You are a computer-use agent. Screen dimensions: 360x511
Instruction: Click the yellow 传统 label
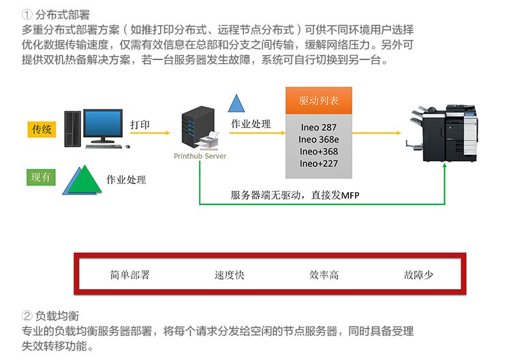tap(42, 128)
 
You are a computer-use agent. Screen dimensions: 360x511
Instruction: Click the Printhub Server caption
tap(200, 156)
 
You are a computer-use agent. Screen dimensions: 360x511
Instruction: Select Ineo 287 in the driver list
tap(319, 127)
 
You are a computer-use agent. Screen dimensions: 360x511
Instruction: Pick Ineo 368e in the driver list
tap(319, 139)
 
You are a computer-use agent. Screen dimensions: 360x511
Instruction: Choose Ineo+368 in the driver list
tap(319, 151)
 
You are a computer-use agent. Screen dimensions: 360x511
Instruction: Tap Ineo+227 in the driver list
tap(319, 164)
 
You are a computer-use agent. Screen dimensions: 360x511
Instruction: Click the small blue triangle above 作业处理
tap(236, 104)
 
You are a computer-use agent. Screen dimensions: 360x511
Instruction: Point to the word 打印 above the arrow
tap(140, 124)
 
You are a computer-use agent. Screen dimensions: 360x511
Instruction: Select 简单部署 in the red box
tap(129, 275)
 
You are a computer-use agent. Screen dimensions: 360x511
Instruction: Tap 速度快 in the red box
tap(229, 275)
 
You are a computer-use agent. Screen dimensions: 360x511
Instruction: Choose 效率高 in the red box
tap(324, 275)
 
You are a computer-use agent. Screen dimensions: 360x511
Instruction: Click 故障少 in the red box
tap(419, 275)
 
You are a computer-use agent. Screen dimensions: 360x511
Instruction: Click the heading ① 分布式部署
tap(56, 14)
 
